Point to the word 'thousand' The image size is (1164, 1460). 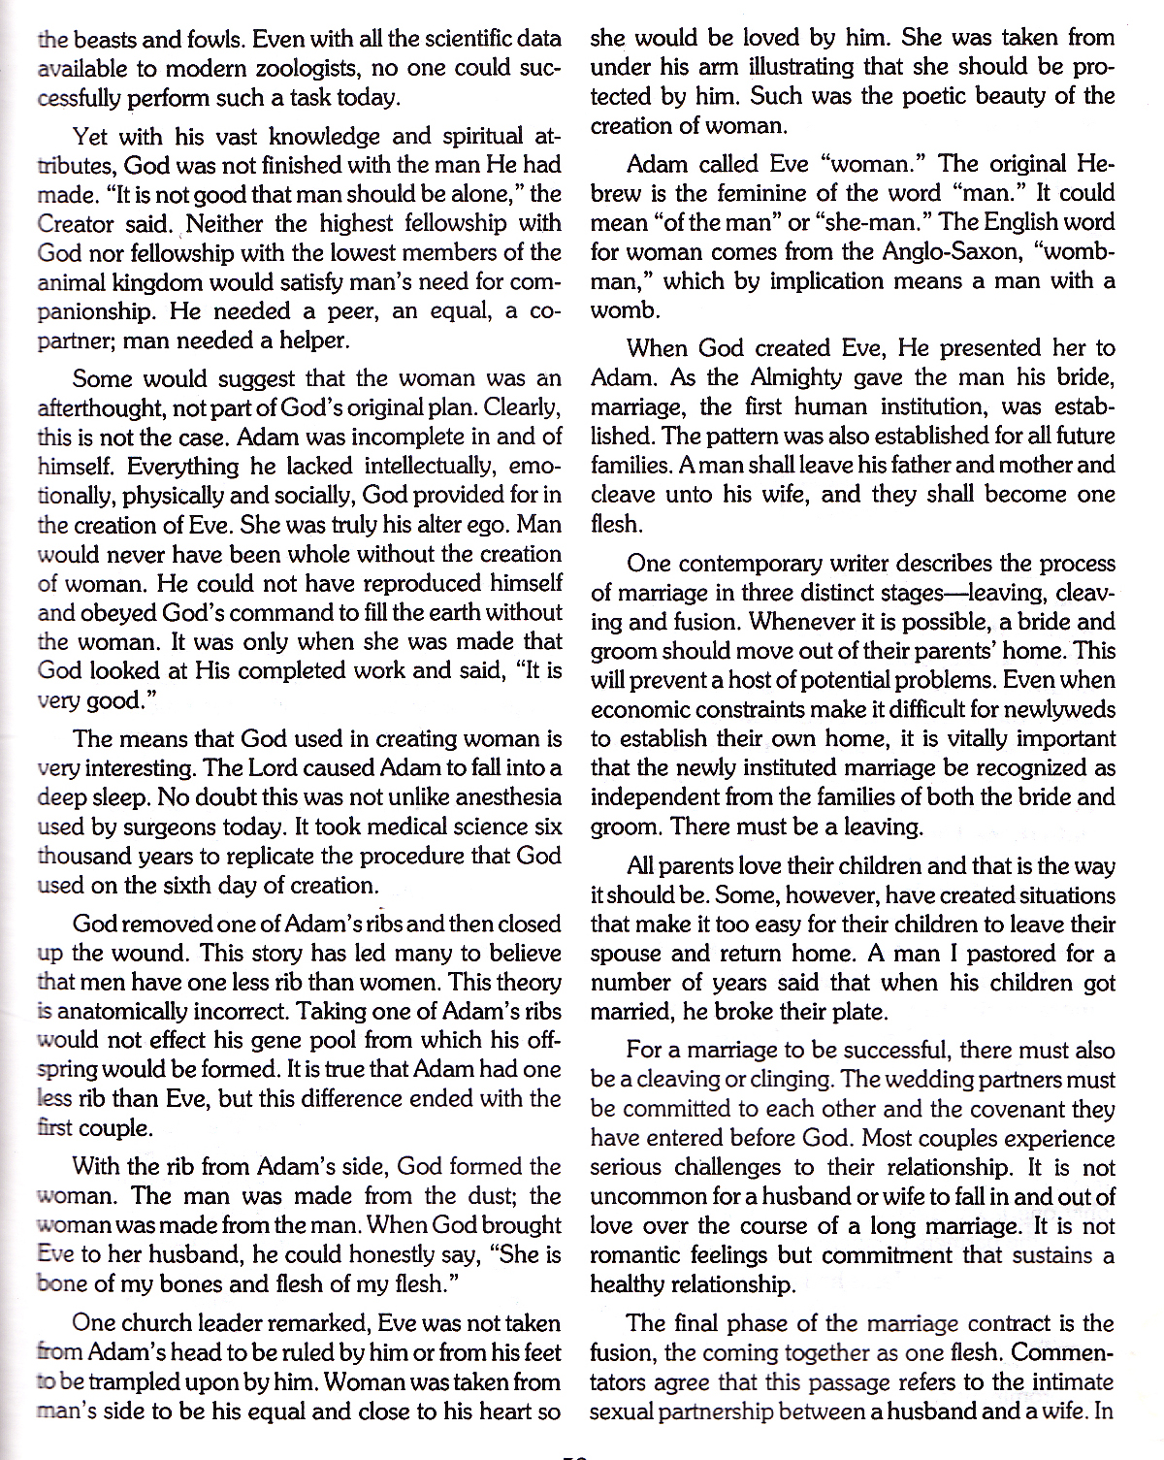[82, 857]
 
